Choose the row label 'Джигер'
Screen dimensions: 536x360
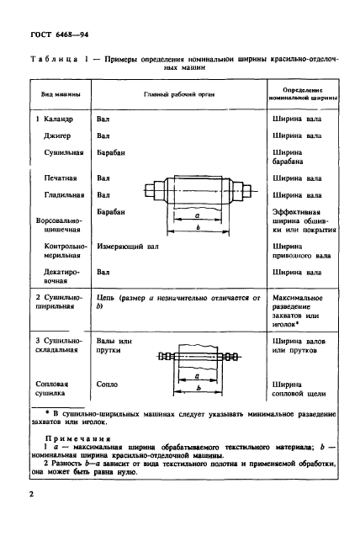[x=58, y=135]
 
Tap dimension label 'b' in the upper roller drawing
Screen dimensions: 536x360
[x=195, y=227]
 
